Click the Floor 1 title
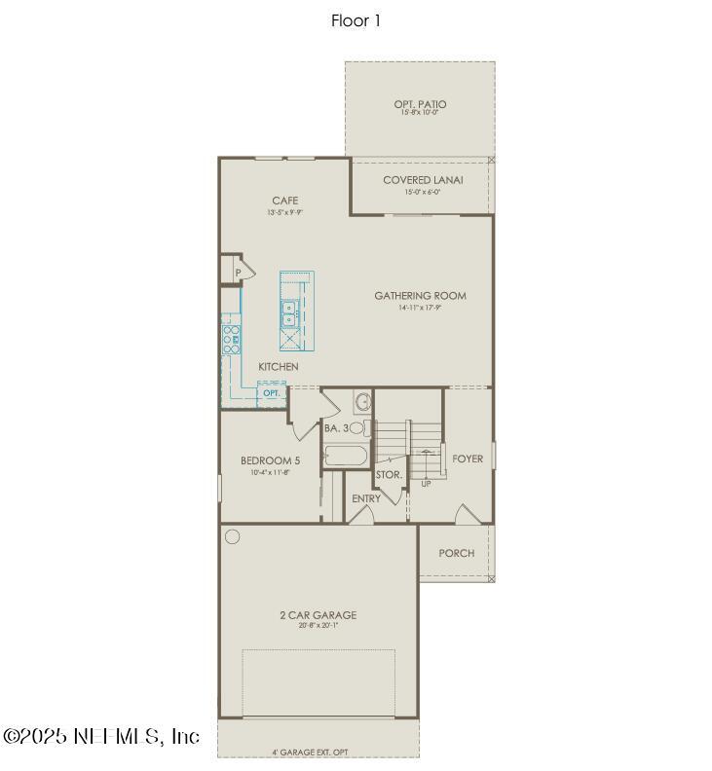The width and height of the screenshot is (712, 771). point(356,20)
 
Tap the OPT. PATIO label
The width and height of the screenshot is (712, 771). point(421,104)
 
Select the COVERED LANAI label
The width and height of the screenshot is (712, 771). point(423,180)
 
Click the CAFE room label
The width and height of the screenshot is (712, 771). point(285,202)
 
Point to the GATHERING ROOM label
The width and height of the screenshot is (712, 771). point(420,296)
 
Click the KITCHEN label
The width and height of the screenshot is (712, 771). point(279,366)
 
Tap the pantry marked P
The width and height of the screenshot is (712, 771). point(237,273)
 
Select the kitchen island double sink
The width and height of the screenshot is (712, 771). point(290,312)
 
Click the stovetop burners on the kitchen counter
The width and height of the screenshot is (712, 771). point(232,339)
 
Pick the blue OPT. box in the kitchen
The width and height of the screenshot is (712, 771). point(271,393)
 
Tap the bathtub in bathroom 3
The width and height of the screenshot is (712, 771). point(345,456)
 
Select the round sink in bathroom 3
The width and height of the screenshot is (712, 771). point(361,401)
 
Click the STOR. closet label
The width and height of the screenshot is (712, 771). point(390,475)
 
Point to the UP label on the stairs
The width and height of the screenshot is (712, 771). point(426,483)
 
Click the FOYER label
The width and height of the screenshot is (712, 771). point(468,459)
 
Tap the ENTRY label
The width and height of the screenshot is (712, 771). point(366,499)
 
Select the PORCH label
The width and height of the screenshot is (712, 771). point(456,553)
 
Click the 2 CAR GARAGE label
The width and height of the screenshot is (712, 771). point(319,615)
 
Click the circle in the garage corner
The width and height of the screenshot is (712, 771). point(232,535)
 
